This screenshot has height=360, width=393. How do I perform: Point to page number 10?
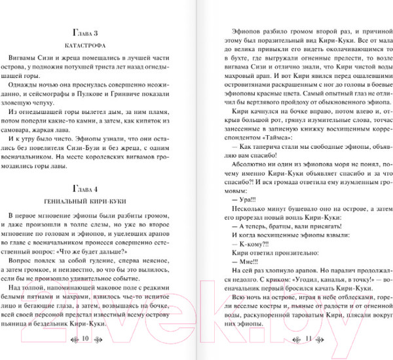[86, 339]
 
